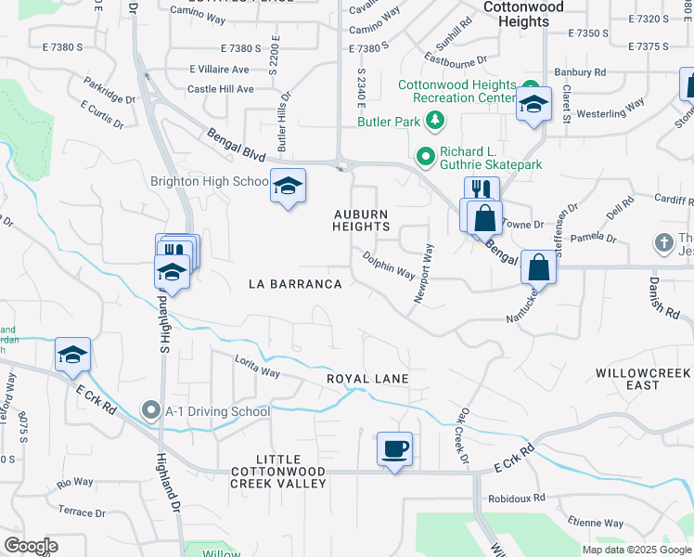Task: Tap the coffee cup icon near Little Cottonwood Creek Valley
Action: coord(394,449)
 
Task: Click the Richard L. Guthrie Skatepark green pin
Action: coord(426,157)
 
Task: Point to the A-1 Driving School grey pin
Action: coord(150,410)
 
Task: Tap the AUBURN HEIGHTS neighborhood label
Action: coord(361,220)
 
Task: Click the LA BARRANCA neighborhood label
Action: coord(295,284)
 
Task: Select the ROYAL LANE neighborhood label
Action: coord(367,379)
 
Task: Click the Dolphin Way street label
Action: coord(389,265)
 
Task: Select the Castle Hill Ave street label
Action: coord(220,89)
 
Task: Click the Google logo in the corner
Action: coord(32,545)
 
